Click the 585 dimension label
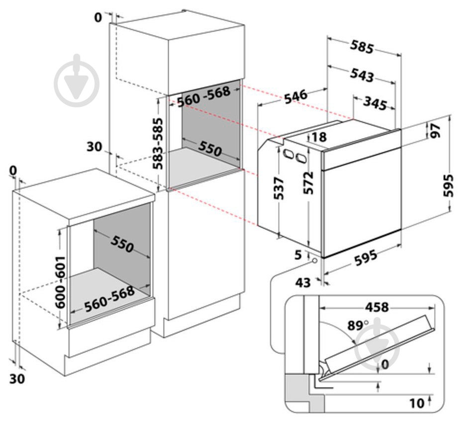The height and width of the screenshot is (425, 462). point(361,47)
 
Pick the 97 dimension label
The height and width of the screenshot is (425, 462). point(436,130)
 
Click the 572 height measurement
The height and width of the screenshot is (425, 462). point(309,183)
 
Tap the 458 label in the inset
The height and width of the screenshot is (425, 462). point(376,307)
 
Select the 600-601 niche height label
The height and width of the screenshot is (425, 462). point(60,282)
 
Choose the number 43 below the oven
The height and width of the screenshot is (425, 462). point(303,283)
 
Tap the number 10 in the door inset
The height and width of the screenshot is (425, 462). point(417,403)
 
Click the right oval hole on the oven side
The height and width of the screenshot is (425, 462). point(300,158)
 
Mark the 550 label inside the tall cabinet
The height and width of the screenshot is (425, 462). point(210,148)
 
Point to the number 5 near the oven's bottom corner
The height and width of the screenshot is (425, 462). point(298,255)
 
